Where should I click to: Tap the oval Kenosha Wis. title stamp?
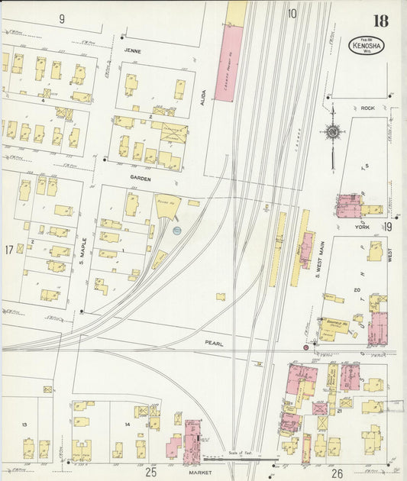tap(367, 46)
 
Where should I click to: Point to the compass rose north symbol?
tap(332, 132)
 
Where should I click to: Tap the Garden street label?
tap(140, 178)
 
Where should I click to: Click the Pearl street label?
tap(215, 344)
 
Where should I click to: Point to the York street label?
tap(362, 226)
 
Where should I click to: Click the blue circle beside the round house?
tap(177, 229)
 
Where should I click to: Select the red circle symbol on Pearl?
tap(306, 347)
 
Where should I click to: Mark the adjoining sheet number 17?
tap(8, 250)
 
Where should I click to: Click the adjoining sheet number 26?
tap(337, 473)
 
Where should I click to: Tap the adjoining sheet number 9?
tap(61, 17)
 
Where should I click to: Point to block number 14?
tap(127, 423)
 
